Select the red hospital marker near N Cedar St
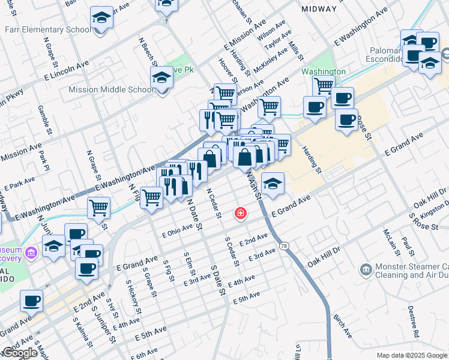pyautogui.click(x=241, y=213)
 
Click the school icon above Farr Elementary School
pyautogui.click(x=102, y=18)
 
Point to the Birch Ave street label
pyautogui.click(x=345, y=324)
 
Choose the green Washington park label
pyautogui.click(x=323, y=71)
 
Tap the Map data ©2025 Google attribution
pyautogui.click(x=411, y=355)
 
